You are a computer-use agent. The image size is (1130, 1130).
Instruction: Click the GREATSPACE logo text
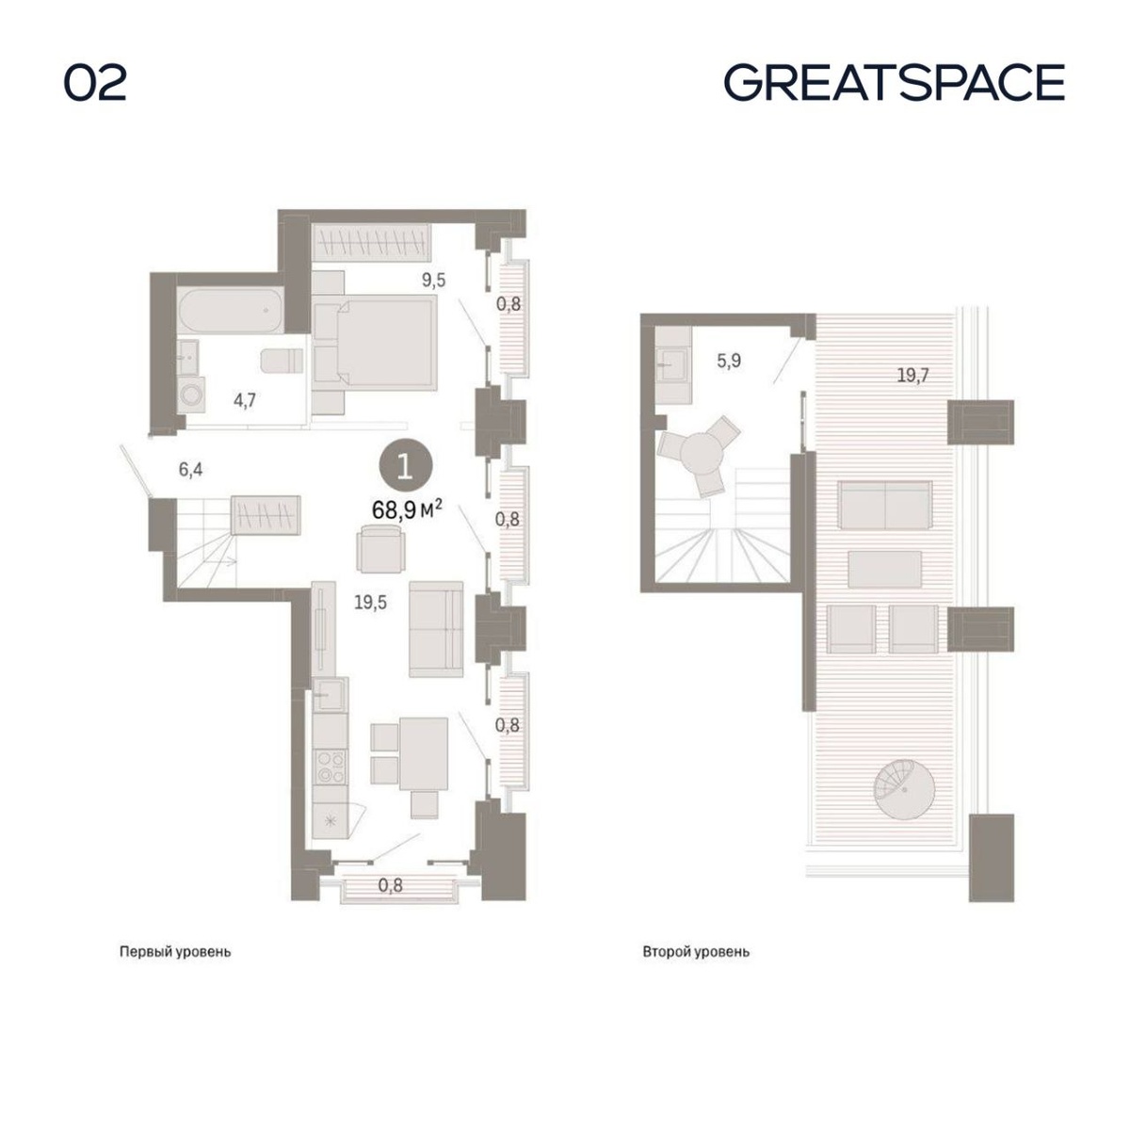[894, 83]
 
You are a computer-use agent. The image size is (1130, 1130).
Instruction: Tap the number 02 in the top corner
[95, 83]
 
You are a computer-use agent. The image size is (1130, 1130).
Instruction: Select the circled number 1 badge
[405, 467]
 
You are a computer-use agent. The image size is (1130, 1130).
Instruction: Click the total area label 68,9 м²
[407, 509]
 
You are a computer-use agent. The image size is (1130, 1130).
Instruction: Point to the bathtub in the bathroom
[231, 311]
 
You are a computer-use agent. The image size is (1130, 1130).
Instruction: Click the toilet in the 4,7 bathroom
[282, 362]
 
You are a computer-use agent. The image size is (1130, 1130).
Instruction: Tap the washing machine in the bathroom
[191, 395]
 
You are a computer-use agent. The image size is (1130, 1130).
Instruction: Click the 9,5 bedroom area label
[433, 281]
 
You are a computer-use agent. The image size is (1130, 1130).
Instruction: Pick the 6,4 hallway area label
[190, 470]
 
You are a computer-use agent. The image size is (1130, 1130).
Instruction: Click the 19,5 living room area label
[370, 603]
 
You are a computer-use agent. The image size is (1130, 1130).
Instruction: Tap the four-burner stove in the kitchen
[331, 767]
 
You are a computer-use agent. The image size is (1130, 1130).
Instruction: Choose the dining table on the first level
[424, 753]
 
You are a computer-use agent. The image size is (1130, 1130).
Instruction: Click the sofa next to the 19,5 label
[436, 629]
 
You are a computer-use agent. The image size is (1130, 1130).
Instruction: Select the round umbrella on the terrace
[904, 790]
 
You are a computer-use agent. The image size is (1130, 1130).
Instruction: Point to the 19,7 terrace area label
[913, 375]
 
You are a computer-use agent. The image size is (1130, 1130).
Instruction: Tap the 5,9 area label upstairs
[729, 361]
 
